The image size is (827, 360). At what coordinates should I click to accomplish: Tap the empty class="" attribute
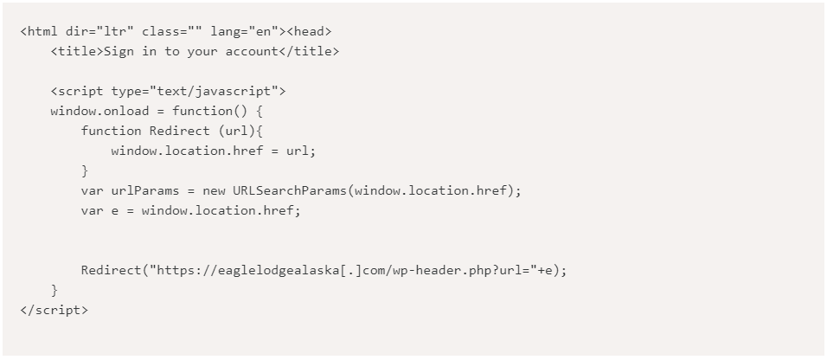click(172, 31)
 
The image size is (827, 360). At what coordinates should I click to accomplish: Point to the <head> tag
click(309, 31)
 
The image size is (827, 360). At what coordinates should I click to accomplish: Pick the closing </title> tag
click(309, 51)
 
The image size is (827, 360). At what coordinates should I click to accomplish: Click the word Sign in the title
click(119, 51)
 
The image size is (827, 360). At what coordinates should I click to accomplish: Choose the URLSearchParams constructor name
click(289, 190)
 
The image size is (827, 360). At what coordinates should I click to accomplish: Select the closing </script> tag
click(54, 310)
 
